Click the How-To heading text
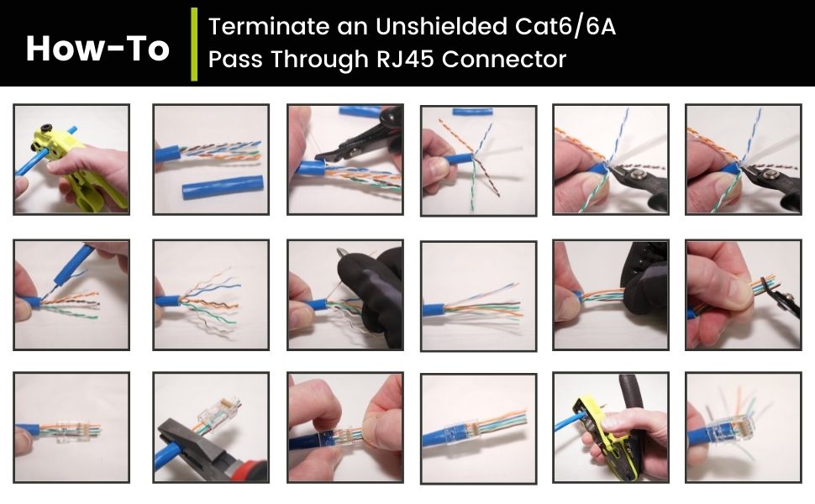97,49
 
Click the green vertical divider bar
194,45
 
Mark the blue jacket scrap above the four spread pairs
476,113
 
